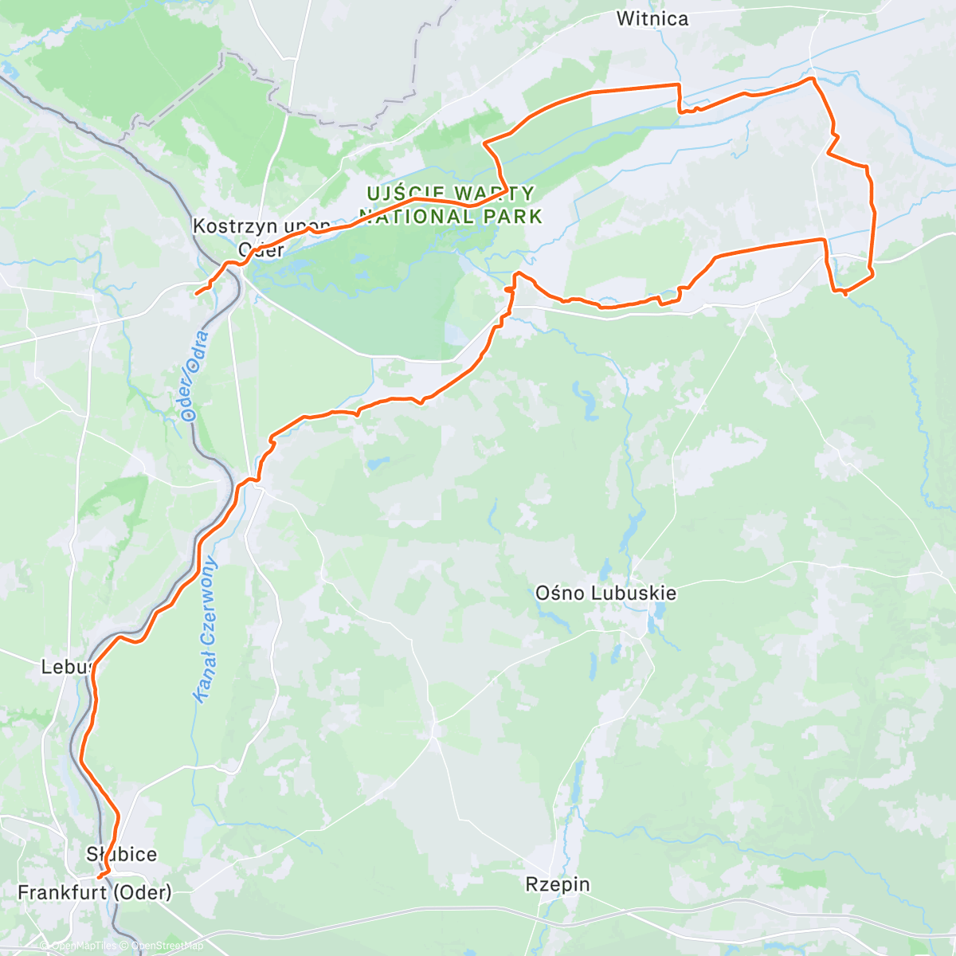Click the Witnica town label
(x=652, y=18)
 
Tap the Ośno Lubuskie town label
(x=605, y=593)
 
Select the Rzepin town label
(x=558, y=884)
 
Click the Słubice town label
(x=121, y=854)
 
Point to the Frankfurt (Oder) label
(x=94, y=892)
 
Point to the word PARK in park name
(x=517, y=217)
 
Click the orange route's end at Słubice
(x=97, y=877)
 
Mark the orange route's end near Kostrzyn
(x=196, y=294)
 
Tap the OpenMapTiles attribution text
(x=84, y=946)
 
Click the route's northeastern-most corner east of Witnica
(x=812, y=79)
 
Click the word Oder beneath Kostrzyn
(x=261, y=249)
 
